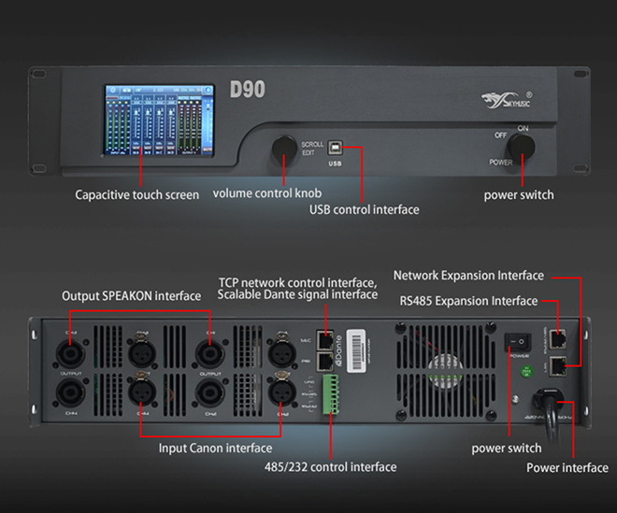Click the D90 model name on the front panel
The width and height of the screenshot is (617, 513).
click(248, 90)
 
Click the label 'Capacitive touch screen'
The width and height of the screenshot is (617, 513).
click(137, 195)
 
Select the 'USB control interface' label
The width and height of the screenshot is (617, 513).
click(364, 209)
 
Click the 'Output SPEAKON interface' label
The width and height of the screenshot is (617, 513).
click(131, 296)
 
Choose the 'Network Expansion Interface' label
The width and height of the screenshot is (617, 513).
click(468, 276)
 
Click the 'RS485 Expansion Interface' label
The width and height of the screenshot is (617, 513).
click(468, 301)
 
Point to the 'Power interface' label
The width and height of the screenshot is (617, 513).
click(567, 468)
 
